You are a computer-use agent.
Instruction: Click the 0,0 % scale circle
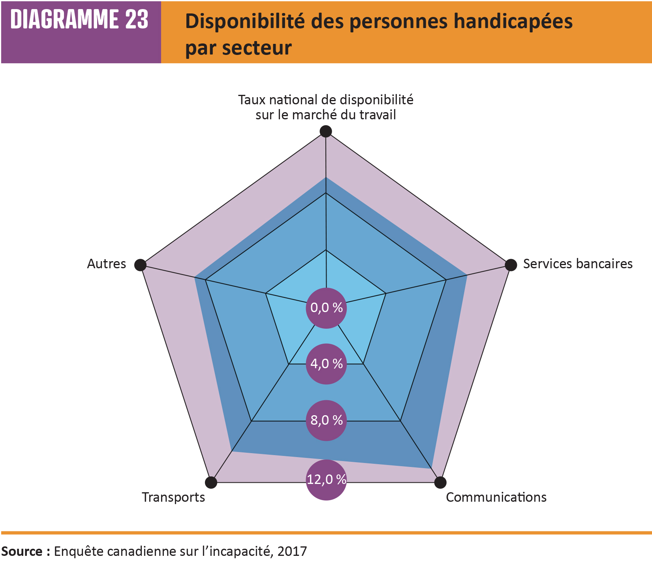(326, 308)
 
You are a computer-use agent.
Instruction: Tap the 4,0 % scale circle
(326, 364)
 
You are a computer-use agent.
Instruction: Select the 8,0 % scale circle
(326, 420)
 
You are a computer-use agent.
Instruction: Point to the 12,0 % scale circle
(326, 480)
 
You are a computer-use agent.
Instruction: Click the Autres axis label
(106, 264)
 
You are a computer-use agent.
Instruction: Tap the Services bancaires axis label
(577, 264)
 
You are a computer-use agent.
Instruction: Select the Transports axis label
(173, 497)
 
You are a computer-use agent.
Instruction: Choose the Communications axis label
(496, 497)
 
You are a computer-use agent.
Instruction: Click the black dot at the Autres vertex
(140, 265)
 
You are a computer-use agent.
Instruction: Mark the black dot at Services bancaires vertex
(511, 265)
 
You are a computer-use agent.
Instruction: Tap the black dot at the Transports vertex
(211, 482)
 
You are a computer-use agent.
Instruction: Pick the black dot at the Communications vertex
(440, 482)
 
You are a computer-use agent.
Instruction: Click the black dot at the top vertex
(326, 131)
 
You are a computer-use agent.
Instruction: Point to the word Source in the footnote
(22, 551)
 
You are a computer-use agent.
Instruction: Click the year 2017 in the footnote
(292, 551)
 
